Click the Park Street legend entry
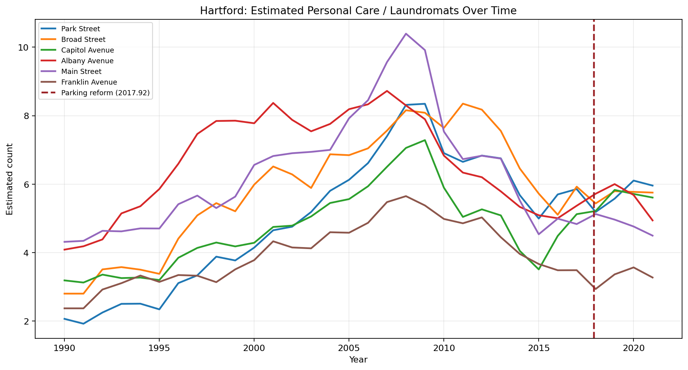click(x=81, y=29)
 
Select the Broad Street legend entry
click(x=83, y=40)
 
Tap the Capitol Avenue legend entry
click(x=87, y=50)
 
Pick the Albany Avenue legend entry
click(x=87, y=61)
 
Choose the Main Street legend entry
click(x=81, y=72)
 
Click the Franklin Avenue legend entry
click(x=89, y=82)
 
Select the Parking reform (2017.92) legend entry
click(x=105, y=93)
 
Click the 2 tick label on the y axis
click(x=27, y=321)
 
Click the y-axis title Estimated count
click(x=9, y=179)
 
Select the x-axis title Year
click(x=358, y=360)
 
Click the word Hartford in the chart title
click(x=217, y=11)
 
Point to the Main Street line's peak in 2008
click(x=406, y=34)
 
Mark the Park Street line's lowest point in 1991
click(x=83, y=324)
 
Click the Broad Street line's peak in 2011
click(x=463, y=104)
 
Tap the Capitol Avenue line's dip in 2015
click(x=539, y=269)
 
